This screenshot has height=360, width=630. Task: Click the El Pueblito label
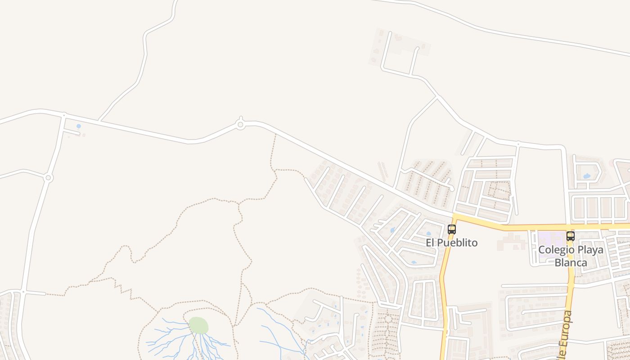[x=451, y=243]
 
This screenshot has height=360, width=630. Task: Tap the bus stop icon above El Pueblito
[x=452, y=229]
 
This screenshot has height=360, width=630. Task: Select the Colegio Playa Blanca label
[x=571, y=256]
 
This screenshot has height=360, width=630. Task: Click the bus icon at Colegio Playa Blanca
[x=570, y=236]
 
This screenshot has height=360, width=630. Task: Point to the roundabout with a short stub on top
[x=240, y=124]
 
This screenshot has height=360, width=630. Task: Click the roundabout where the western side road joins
[x=48, y=178]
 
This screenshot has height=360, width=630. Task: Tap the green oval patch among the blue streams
[x=198, y=325]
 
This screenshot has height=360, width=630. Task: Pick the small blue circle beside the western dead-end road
[x=79, y=126]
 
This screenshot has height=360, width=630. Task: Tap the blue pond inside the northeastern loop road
[x=587, y=176]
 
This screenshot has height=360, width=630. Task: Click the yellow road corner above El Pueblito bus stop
[x=455, y=218]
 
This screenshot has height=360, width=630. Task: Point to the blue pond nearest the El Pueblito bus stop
[x=428, y=234]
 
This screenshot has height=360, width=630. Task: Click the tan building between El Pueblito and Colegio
[x=511, y=243]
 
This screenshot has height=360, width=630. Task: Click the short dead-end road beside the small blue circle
[x=72, y=132]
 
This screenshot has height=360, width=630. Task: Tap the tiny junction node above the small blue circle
[x=64, y=115]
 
